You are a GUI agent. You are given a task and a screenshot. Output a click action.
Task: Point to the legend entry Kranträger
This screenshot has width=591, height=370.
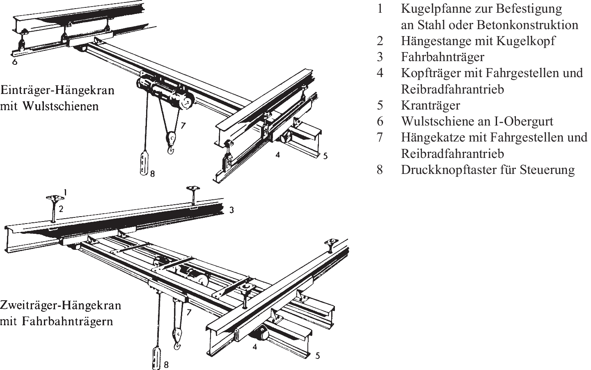[x=431, y=105]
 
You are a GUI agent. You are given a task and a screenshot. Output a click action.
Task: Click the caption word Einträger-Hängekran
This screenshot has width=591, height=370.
[x=57, y=90]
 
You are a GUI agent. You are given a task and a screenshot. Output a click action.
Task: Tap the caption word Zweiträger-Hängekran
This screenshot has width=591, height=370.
[x=61, y=306]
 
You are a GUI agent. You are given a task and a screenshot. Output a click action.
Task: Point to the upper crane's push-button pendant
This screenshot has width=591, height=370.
[x=143, y=164]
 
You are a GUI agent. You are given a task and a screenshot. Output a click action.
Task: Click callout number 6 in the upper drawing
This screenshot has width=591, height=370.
[x=15, y=63]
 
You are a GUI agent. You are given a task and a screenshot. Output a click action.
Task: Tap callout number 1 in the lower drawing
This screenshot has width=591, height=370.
[x=65, y=192]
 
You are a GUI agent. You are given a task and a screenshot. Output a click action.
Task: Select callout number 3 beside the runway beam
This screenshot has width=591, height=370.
[x=232, y=210]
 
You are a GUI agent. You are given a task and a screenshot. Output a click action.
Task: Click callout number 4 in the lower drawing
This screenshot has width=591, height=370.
[x=255, y=347]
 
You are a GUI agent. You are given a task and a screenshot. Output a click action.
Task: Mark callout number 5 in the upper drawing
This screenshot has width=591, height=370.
[x=325, y=156]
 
